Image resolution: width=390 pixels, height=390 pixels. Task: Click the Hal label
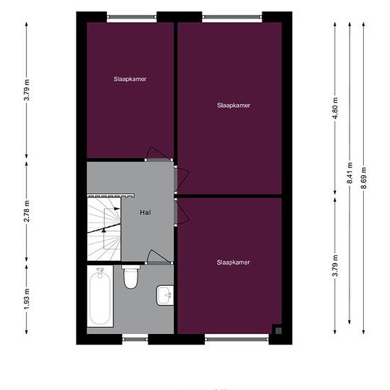point(145,211)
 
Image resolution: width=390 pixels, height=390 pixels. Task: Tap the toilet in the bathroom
point(130,278)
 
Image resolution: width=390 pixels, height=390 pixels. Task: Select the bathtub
point(100,298)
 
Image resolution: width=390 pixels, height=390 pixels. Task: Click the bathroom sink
point(165,294)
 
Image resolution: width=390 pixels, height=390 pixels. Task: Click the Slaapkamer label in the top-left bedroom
point(130,79)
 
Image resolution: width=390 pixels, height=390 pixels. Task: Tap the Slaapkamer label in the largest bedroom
point(233,105)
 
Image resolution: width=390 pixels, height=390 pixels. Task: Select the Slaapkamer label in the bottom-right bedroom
point(233,262)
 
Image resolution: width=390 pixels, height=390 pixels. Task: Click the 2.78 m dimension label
point(26,211)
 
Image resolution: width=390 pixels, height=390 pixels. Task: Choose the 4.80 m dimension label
point(335,104)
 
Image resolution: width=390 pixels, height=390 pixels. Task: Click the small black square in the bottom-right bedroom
point(277,329)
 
